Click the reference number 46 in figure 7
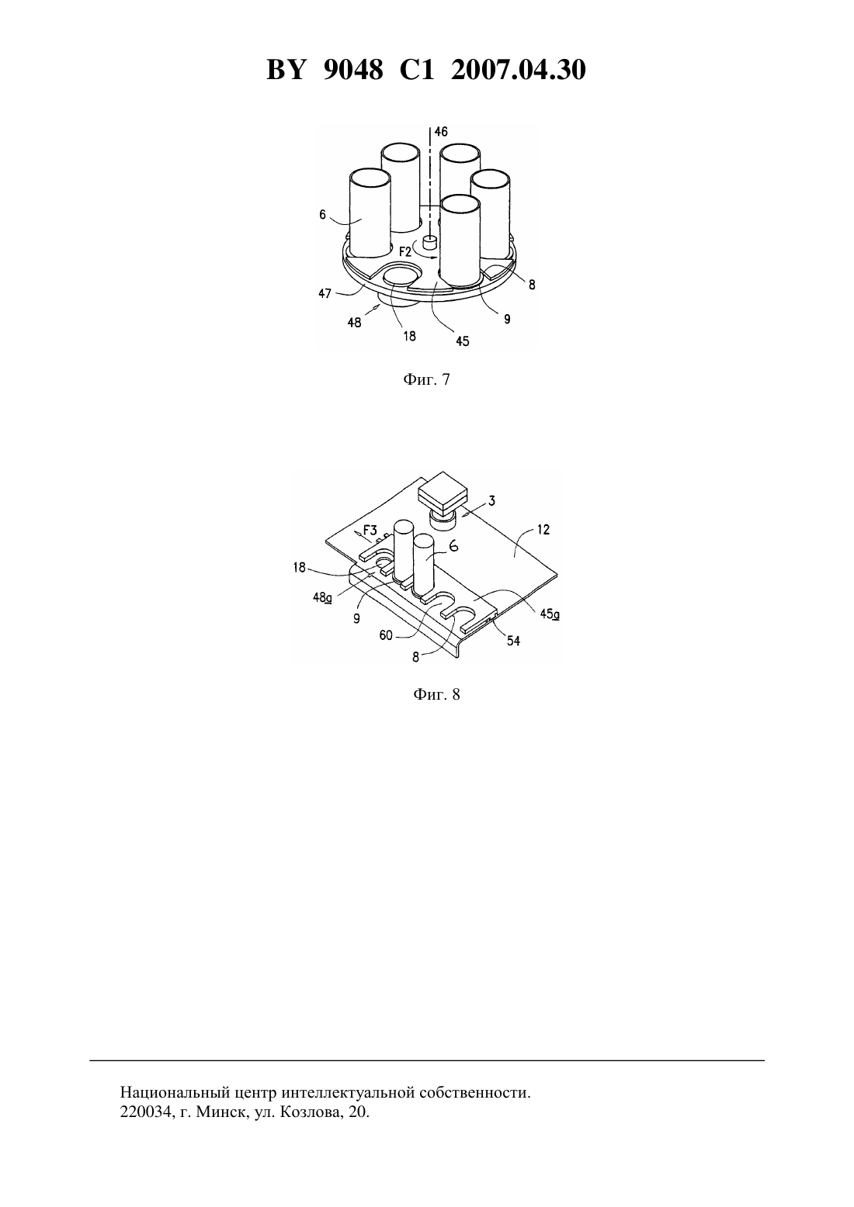441,131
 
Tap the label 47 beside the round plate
325,294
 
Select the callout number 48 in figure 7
354,323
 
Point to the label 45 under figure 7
462,341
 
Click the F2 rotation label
405,251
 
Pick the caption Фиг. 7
426,380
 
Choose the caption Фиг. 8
436,694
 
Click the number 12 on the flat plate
543,530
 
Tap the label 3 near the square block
491,501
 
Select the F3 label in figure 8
370,531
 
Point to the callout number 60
386,636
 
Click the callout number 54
512,641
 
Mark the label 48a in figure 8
322,597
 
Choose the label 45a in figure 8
550,614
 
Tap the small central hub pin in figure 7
429,242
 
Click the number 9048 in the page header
353,70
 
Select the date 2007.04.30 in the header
518,70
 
